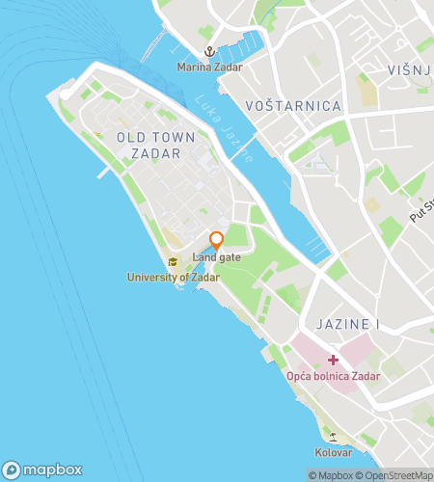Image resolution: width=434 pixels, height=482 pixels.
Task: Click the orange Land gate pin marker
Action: pos(217,240)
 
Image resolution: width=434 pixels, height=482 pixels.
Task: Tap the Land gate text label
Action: pos(217,257)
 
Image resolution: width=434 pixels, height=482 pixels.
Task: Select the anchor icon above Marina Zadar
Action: pos(207,52)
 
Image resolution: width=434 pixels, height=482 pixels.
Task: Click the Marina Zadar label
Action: pos(209,67)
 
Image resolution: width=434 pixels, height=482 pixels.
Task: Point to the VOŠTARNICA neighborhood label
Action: pos(294,105)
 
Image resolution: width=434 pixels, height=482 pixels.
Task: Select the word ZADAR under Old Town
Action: pos(155,153)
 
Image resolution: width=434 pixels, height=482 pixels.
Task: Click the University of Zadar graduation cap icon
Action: pos(173,262)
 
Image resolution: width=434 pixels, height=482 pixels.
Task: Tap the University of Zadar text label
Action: pos(174,277)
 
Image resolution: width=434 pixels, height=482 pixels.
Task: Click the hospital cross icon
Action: pos(333,360)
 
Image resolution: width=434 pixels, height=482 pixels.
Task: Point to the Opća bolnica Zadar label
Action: pos(333,375)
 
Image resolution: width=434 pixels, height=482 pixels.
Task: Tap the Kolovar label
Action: pos(333,451)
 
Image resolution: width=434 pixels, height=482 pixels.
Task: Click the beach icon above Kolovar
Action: pos(333,437)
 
